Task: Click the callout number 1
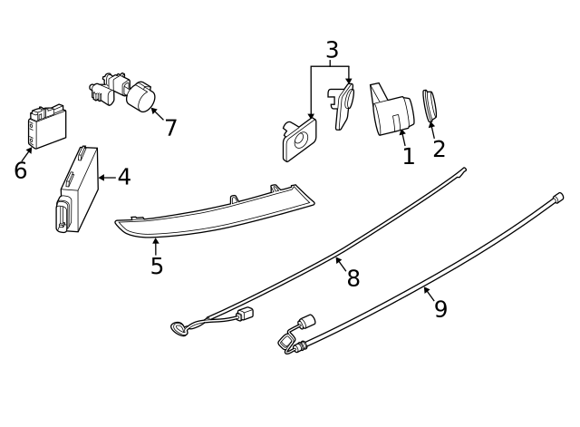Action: (x=408, y=157)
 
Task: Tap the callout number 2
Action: (x=439, y=150)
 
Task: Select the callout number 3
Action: (x=332, y=51)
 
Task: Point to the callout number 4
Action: (x=123, y=178)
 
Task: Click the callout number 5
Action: (x=157, y=267)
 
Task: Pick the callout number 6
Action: (x=20, y=171)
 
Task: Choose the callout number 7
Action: (x=170, y=128)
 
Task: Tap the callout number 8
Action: (x=353, y=279)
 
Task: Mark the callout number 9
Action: (x=440, y=309)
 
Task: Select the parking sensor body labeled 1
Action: (x=391, y=112)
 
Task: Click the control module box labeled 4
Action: (x=78, y=186)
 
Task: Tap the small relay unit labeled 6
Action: (x=45, y=125)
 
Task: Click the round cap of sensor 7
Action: (x=142, y=97)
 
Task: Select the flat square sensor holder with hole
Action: (x=299, y=140)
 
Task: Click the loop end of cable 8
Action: (x=179, y=327)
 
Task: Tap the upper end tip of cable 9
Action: (x=558, y=197)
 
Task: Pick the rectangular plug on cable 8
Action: (x=243, y=314)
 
